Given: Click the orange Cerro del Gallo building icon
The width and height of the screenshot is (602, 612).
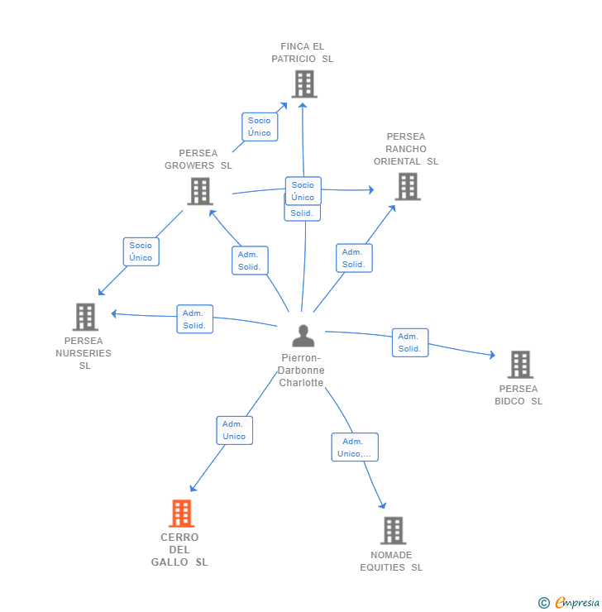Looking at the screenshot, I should [x=181, y=514].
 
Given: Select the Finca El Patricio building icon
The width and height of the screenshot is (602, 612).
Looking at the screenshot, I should [x=303, y=84].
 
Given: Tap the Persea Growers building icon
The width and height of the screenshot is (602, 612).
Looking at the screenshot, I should [x=200, y=191].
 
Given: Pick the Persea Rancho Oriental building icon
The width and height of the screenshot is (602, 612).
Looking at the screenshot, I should [x=407, y=186].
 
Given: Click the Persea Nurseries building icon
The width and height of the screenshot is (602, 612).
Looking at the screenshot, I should [x=85, y=317].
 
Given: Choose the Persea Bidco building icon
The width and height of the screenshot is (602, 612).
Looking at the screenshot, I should [x=519, y=365].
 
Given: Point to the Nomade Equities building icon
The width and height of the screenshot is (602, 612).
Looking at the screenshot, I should [x=393, y=530].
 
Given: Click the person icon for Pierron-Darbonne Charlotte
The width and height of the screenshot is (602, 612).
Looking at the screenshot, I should [x=303, y=336].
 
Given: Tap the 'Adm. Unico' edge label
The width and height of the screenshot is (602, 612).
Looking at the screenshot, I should [x=234, y=430].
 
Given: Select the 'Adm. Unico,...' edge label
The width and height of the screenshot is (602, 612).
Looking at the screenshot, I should [x=354, y=447].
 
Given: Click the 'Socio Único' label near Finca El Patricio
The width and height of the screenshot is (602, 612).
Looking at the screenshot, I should [x=259, y=127].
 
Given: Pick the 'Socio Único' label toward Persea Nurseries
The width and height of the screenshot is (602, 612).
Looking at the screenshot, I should [x=141, y=251].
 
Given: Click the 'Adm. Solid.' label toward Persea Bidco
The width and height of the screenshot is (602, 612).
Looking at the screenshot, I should [x=409, y=342].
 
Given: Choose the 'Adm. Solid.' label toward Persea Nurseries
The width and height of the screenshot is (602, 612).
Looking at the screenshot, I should [x=194, y=319].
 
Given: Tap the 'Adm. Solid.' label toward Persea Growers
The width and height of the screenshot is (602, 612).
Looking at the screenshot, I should [x=249, y=261].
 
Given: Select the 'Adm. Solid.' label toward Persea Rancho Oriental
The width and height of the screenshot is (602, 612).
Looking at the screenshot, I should [x=353, y=258].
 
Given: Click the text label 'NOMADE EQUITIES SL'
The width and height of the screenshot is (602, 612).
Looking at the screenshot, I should [x=391, y=562].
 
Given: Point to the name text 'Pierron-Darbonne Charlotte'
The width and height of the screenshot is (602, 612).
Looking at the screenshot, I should [x=301, y=371].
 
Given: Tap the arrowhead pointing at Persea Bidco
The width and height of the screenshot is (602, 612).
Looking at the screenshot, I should [x=492, y=355].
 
